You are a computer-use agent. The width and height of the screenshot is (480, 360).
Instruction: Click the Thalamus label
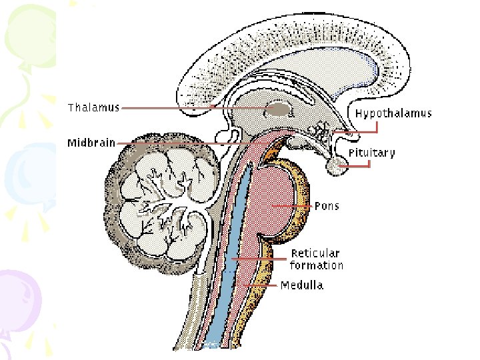pos(93,108)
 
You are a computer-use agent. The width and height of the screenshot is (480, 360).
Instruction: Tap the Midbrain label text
pos(91,143)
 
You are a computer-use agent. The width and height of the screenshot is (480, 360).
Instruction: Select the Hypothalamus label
pos(393,113)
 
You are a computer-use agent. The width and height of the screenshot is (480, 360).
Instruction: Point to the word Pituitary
pos(371,153)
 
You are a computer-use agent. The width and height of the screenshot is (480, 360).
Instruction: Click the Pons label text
pos(327,206)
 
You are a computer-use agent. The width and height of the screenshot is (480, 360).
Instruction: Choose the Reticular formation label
pos(317,259)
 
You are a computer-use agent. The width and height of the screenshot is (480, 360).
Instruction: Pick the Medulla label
pos(302,285)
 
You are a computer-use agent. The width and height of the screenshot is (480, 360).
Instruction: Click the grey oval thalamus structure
pos(279,109)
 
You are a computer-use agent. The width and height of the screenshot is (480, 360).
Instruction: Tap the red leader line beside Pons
pos(293,207)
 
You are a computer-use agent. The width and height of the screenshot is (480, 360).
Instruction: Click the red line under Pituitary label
pos(357,165)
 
